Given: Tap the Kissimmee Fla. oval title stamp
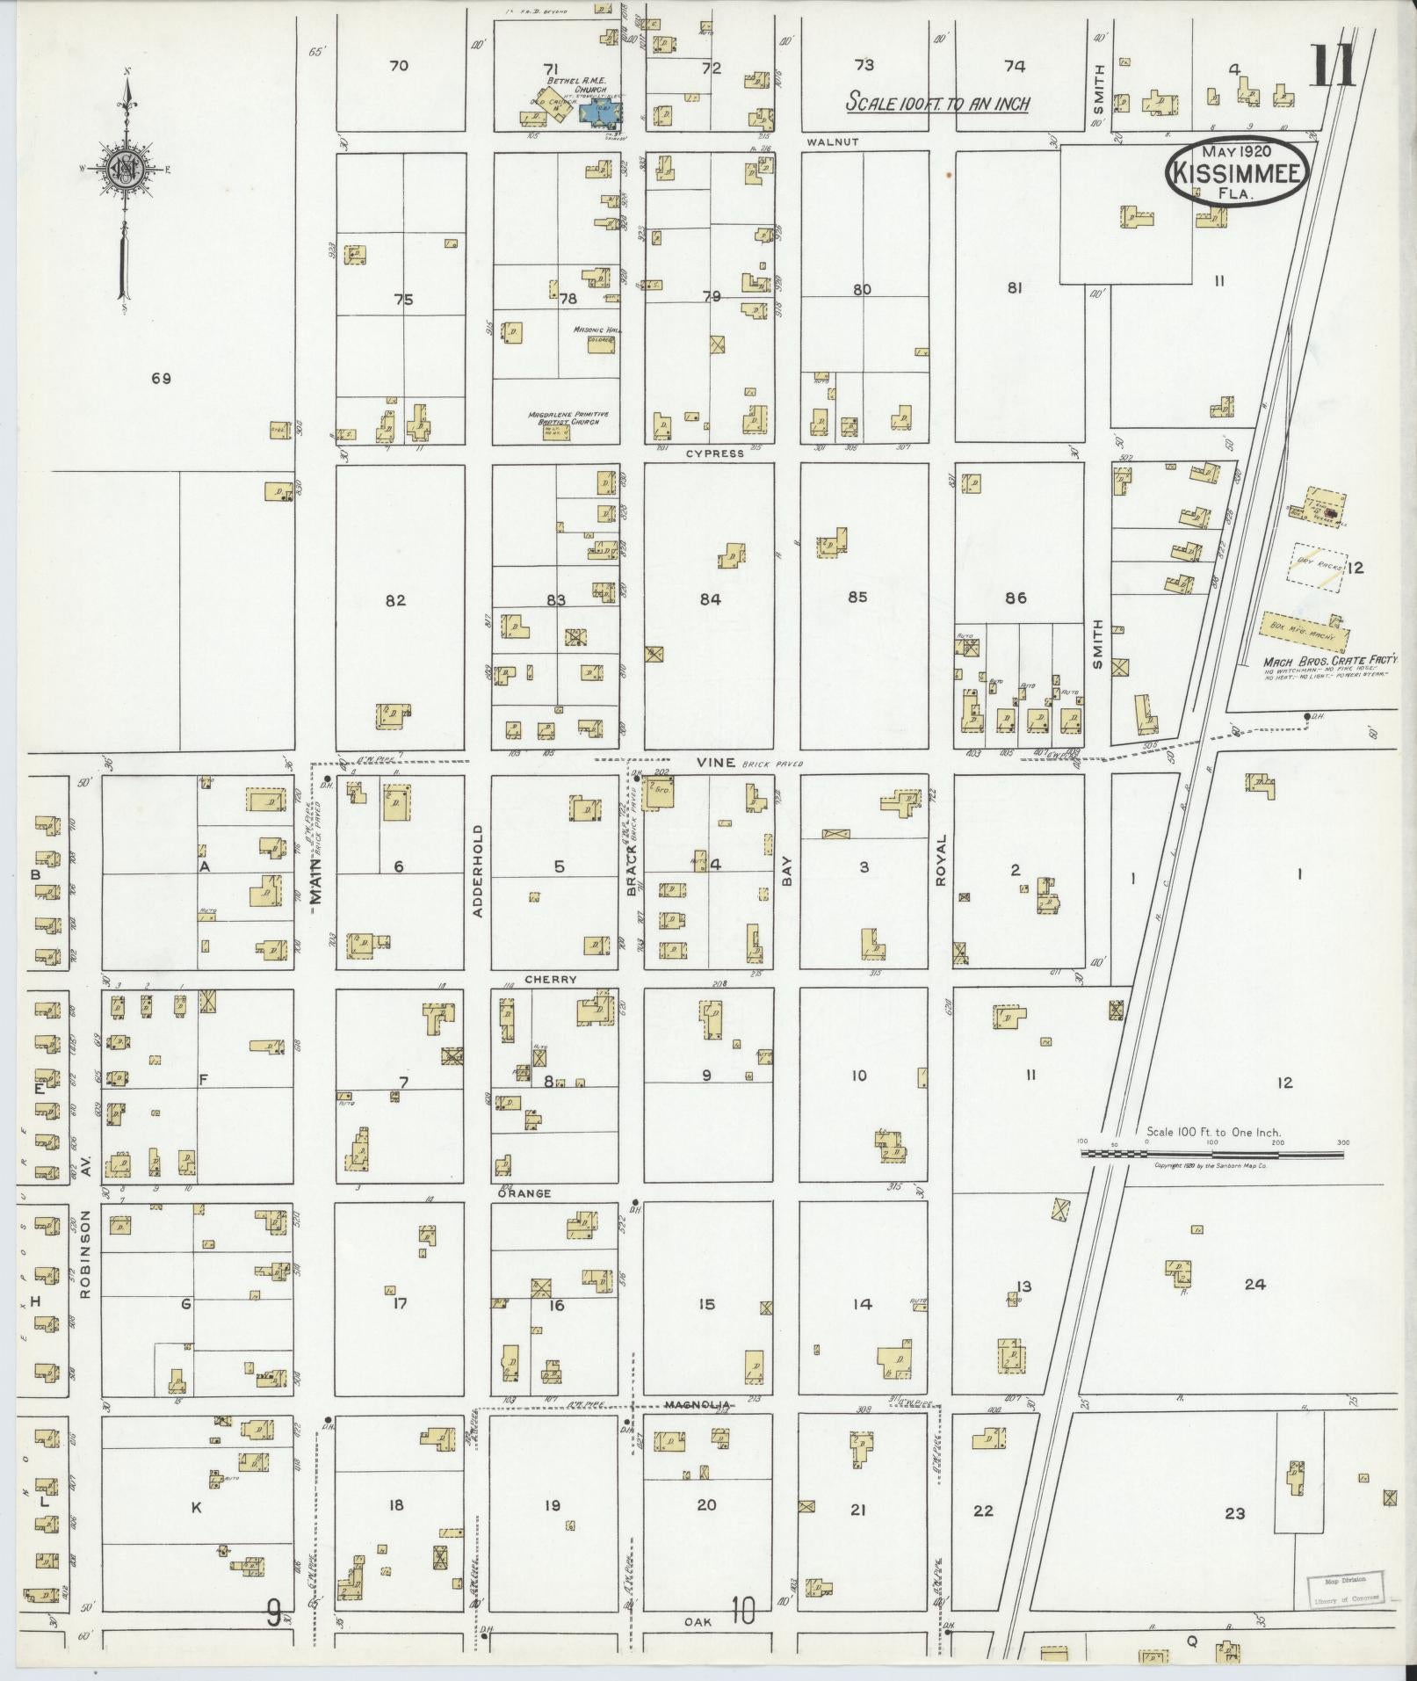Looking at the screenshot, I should coord(1238,174).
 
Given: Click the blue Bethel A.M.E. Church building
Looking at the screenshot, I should coord(602,112).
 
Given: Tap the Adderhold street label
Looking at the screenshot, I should coord(479,870).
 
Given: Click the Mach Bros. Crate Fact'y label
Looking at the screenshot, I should coord(1329,660).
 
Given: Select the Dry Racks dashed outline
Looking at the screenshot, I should coord(1318,567).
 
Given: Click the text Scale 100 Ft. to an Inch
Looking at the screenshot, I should coord(937,103).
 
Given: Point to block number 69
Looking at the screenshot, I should coord(161,379).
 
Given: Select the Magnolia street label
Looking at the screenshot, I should coord(698,1405).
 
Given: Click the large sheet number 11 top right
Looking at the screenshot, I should coord(1334,67).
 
